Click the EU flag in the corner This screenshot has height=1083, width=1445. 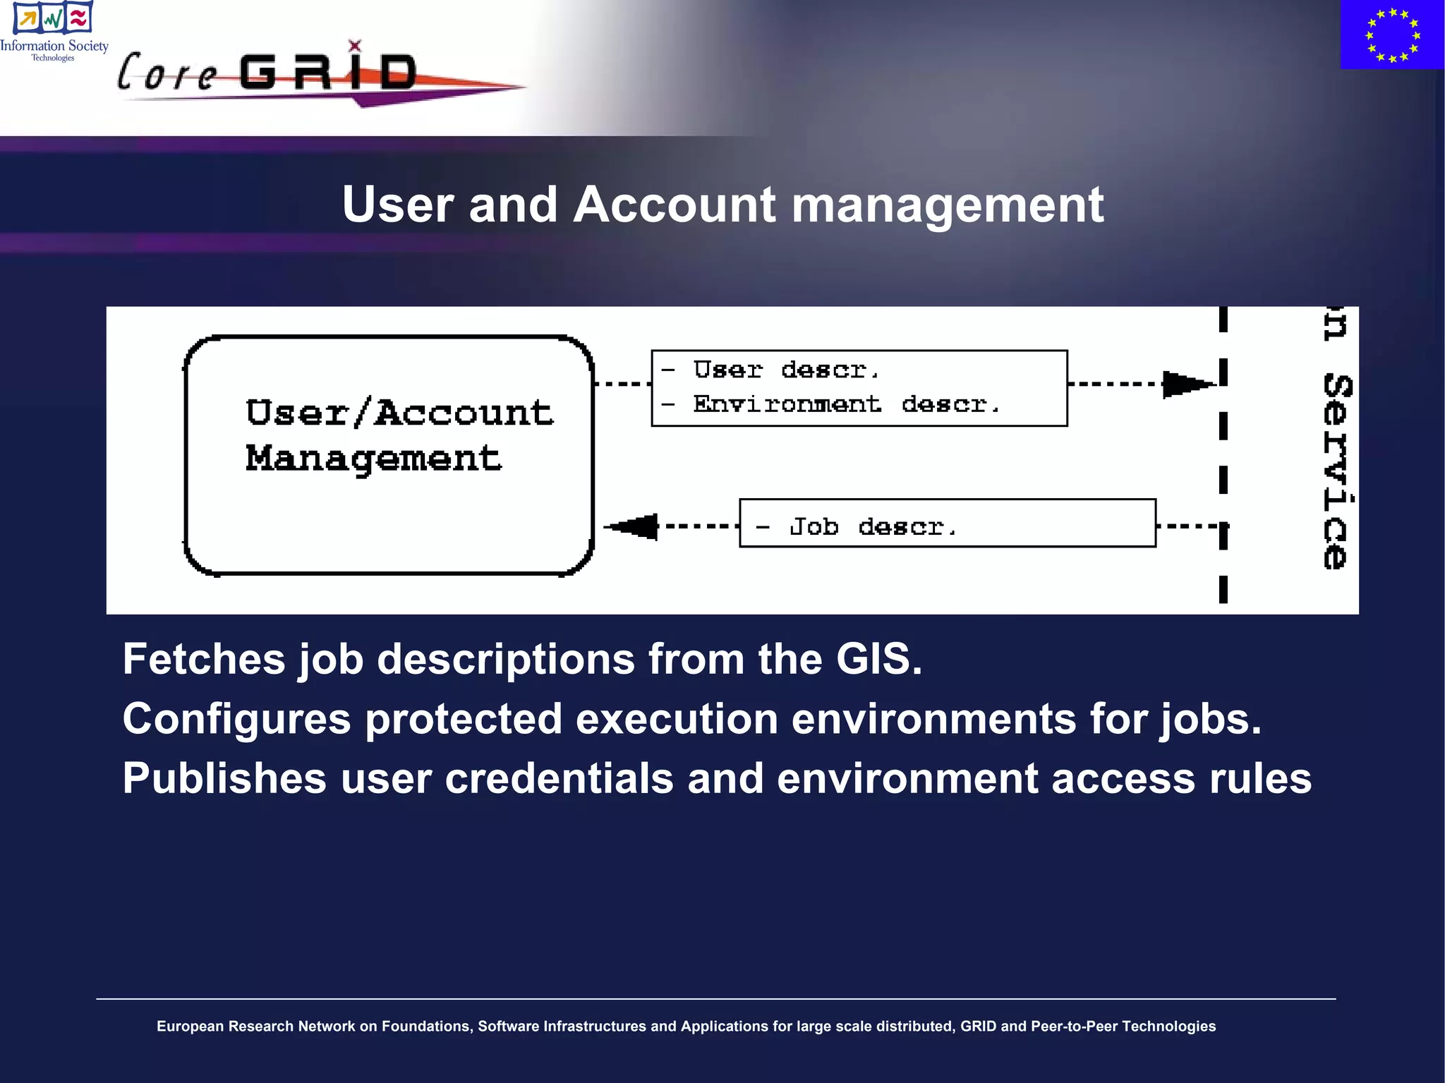pyautogui.click(x=1392, y=35)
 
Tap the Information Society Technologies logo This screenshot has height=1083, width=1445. pyautogui.click(x=54, y=32)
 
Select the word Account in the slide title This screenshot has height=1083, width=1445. pyautogui.click(x=674, y=205)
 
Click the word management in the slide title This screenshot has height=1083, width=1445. pyautogui.click(x=948, y=205)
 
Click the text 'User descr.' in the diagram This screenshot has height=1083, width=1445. pyautogui.click(x=785, y=370)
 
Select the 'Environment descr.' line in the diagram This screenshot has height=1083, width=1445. pyautogui.click(x=846, y=404)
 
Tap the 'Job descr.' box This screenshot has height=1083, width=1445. pyautogui.click(x=947, y=524)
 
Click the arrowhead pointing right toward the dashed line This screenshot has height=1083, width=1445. pyautogui.click(x=1187, y=385)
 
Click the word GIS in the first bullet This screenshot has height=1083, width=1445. pyautogui.click(x=878, y=659)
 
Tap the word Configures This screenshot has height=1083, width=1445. pyautogui.click(x=236, y=719)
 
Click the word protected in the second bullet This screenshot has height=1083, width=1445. pyautogui.click(x=463, y=719)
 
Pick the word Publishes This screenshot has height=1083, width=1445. pyautogui.click(x=224, y=778)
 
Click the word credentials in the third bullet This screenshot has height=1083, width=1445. pyautogui.click(x=559, y=778)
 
